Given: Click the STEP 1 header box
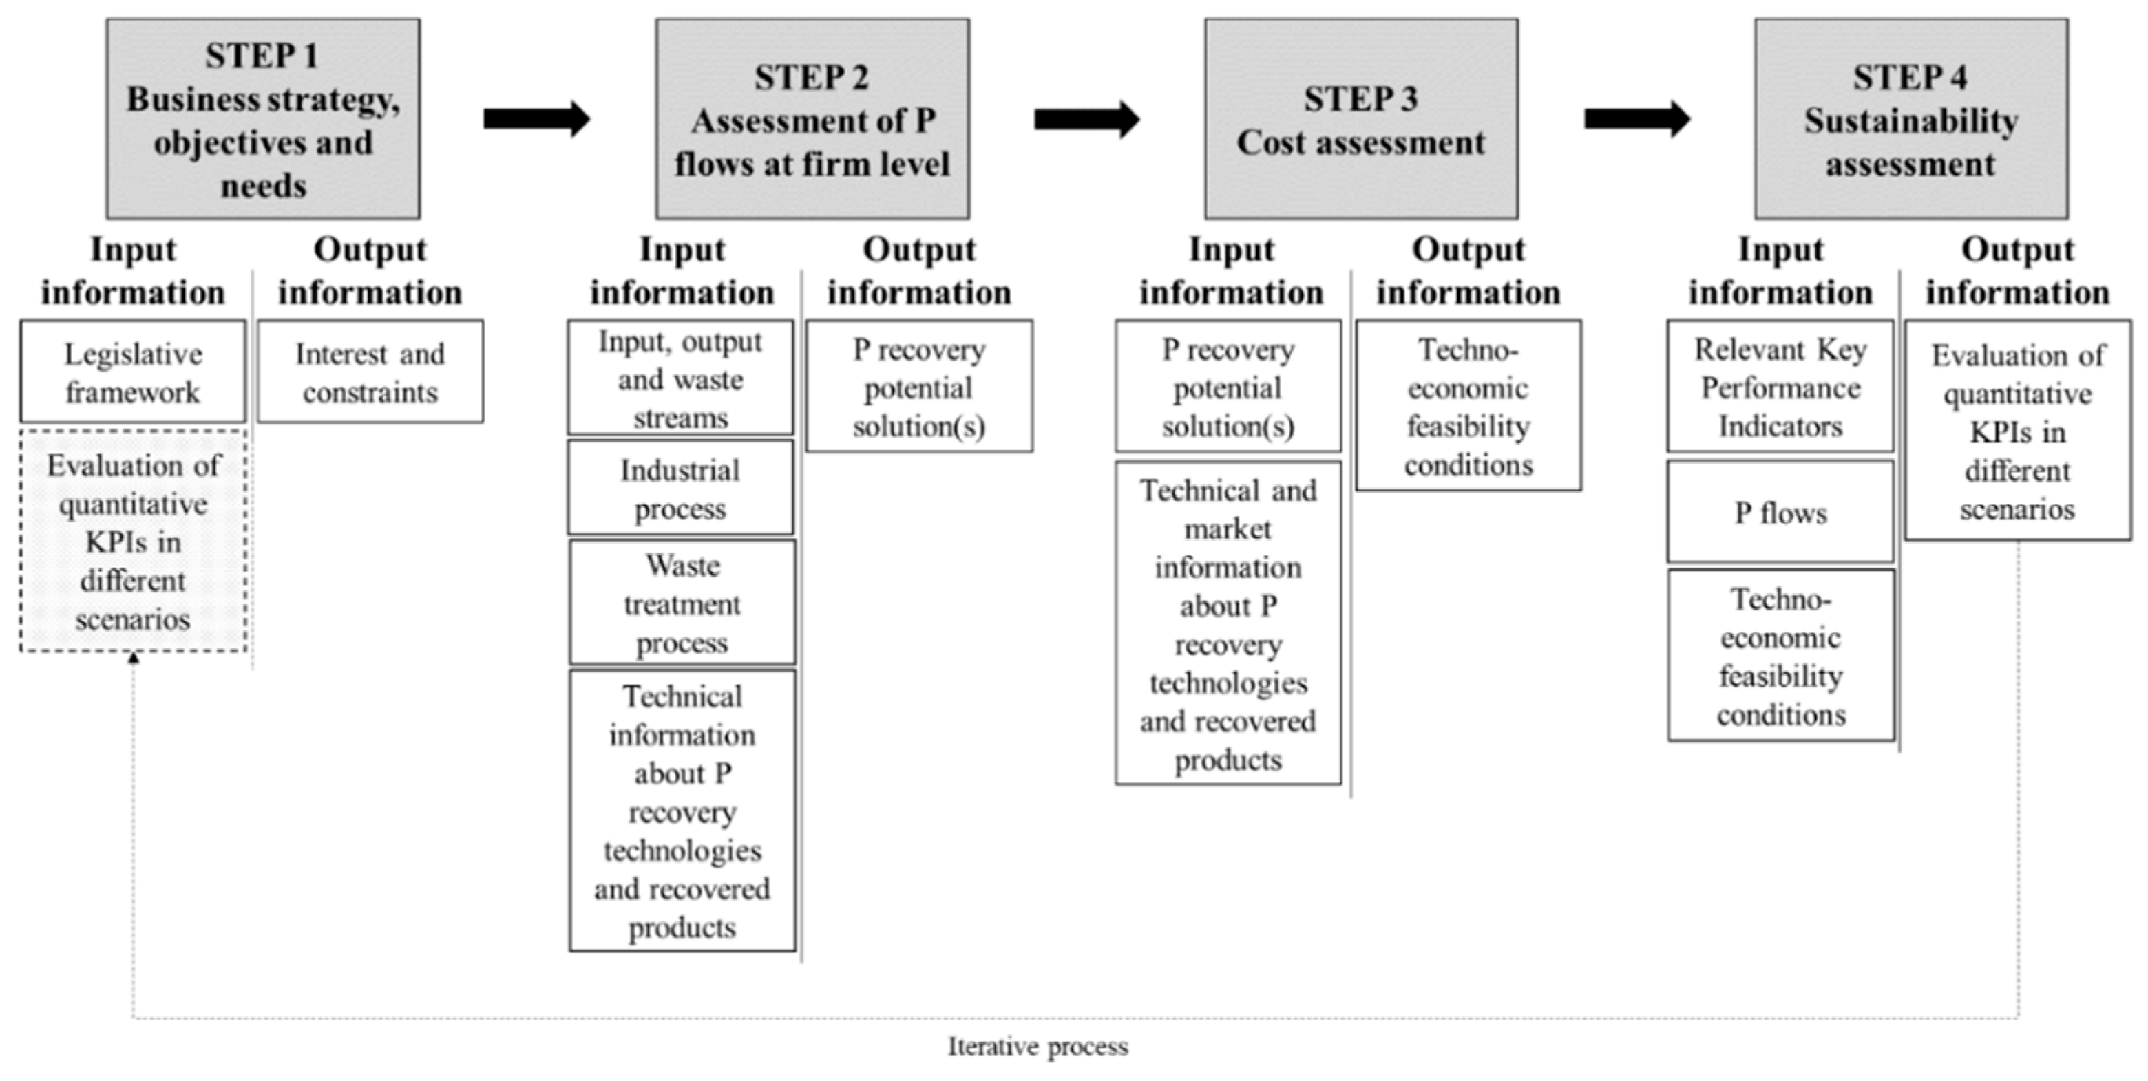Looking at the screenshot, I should point(263,119).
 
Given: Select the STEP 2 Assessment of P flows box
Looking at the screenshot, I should point(812,119).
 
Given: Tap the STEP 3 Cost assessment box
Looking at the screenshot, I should point(1361,119).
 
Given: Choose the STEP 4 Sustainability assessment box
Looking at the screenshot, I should point(1910,119).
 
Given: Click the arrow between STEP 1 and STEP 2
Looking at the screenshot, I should point(536,119).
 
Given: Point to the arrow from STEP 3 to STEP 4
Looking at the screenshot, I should point(1636,119).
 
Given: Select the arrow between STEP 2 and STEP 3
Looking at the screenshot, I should point(1086,119).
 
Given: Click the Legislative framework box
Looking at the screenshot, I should point(133,372).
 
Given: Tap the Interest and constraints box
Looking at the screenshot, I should point(370,372).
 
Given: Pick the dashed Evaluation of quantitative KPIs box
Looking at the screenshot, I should point(133,541).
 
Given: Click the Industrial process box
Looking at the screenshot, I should point(680,489).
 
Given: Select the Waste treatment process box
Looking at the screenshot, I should point(682,603).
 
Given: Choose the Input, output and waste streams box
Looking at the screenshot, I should point(680,378).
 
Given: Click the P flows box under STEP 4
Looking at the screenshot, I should point(1780,513).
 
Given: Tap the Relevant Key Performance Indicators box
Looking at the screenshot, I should point(1780,387).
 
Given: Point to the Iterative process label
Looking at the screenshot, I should point(1038,1047).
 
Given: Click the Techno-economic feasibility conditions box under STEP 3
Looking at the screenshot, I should point(1468,406).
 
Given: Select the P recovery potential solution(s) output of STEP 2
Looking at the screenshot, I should point(919,387).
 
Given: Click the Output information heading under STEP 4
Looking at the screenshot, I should point(2017,271).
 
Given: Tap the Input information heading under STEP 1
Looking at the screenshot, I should point(133,271).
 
